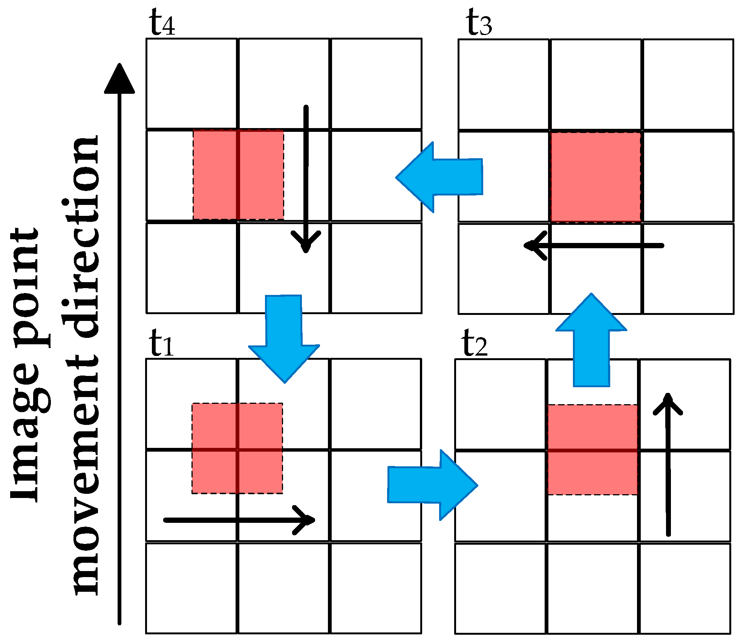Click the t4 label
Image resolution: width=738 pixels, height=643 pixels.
click(162, 23)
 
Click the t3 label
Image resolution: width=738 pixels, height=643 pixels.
click(478, 23)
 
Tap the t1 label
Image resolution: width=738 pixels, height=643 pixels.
click(161, 343)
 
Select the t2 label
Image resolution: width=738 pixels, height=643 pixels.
click(474, 343)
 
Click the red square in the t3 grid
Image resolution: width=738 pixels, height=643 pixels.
click(596, 177)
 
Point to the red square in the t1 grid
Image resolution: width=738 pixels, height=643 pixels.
click(237, 448)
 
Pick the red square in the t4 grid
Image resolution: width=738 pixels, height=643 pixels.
click(238, 175)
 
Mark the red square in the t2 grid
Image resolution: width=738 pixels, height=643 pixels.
click(592, 450)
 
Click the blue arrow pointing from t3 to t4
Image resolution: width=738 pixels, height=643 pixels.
click(441, 177)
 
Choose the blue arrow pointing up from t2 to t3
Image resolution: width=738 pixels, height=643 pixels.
click(591, 339)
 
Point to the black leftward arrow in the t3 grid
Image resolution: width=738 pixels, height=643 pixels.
click(594, 246)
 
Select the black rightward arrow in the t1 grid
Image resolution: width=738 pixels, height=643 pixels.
click(239, 520)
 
